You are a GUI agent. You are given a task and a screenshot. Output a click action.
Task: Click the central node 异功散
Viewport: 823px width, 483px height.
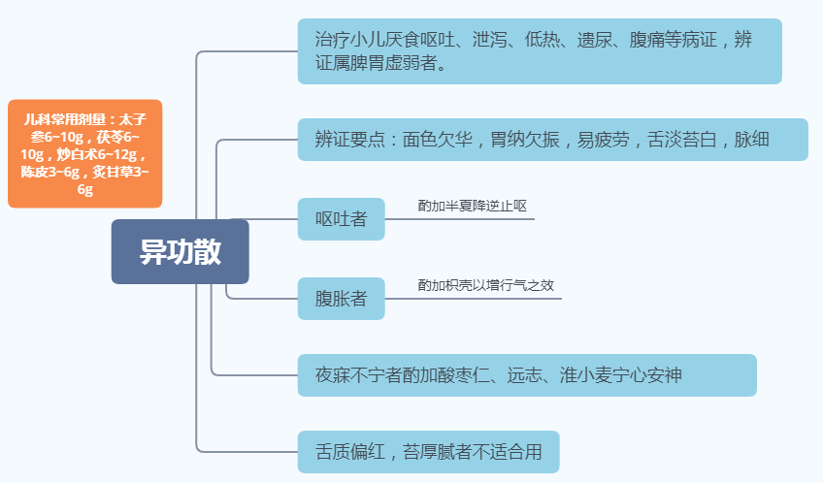(180, 251)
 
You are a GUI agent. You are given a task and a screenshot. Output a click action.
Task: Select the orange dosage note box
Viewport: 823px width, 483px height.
(84, 153)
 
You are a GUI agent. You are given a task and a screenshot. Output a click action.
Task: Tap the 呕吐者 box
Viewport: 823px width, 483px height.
(342, 218)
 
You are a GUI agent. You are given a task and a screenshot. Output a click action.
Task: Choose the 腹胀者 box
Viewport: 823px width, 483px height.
(342, 298)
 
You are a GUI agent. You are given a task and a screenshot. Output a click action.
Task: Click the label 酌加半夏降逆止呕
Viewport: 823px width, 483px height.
(472, 206)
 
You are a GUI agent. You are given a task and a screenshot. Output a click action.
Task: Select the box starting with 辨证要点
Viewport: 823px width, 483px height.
(552, 140)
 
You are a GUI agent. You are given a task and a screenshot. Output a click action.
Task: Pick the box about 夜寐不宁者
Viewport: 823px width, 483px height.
(527, 374)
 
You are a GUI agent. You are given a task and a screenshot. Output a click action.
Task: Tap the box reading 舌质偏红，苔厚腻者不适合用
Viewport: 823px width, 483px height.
(428, 452)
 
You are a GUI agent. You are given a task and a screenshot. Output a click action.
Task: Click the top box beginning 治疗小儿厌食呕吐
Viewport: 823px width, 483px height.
(540, 51)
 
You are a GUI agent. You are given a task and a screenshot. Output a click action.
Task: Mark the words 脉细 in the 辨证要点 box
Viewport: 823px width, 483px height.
(751, 140)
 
